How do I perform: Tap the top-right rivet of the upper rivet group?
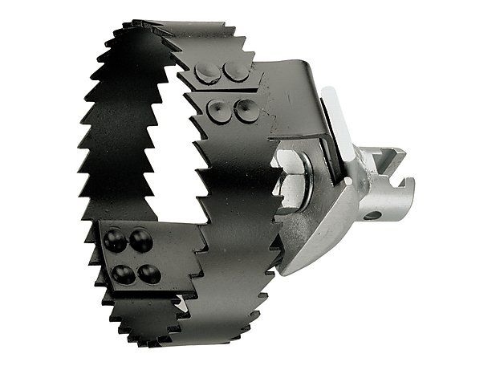coord(236,71)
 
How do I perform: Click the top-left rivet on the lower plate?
coord(115,238)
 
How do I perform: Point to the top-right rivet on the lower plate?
coord(141,240)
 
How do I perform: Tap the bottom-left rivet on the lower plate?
coord(123,274)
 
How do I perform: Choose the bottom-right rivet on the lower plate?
coord(148,274)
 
